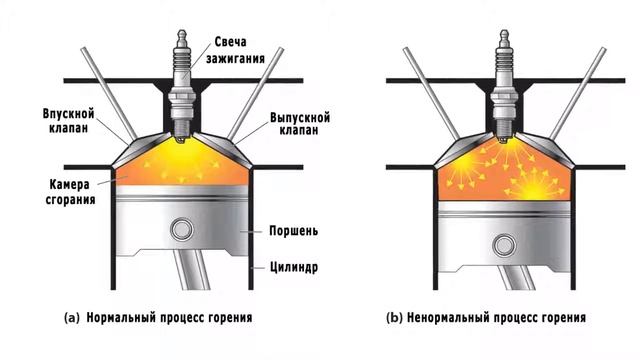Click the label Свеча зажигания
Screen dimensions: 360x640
coord(242,49)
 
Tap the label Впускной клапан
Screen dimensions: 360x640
coord(68,120)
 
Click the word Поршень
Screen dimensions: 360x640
coord(294,230)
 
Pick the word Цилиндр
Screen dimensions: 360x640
coord(294,268)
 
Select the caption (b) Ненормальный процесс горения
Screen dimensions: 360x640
coord(486,319)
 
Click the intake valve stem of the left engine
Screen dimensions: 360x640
coord(108,95)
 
